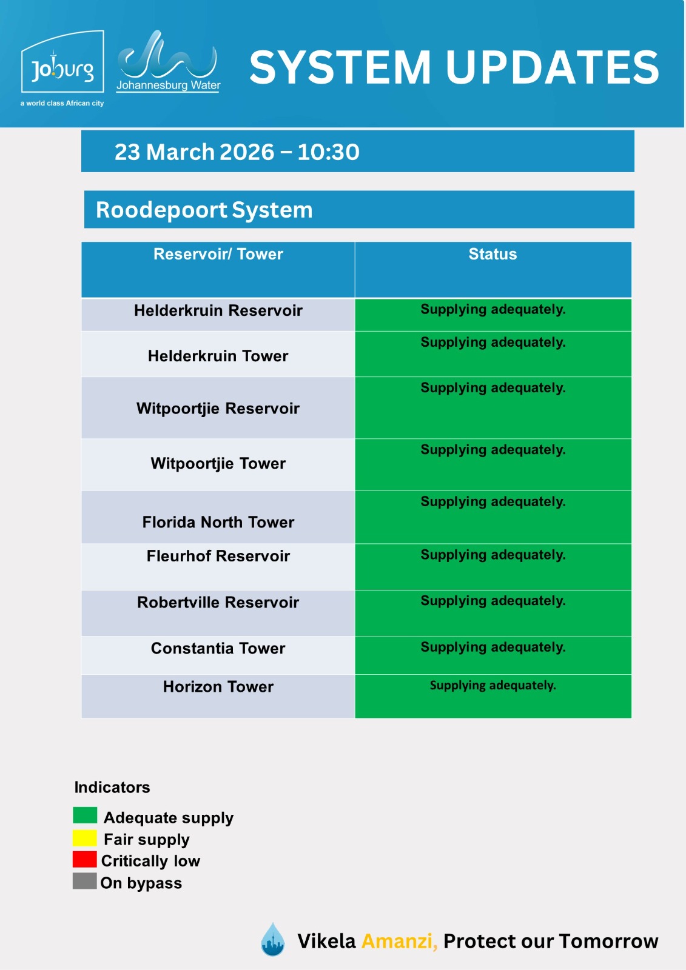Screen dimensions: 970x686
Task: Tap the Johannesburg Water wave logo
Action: tap(167, 61)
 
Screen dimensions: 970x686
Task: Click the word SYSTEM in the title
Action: tap(340, 67)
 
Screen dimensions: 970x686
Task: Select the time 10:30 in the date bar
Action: tap(328, 152)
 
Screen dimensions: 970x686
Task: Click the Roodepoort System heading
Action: tap(204, 210)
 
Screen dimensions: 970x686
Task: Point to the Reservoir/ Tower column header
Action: tap(218, 254)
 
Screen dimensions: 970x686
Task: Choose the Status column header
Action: tap(493, 254)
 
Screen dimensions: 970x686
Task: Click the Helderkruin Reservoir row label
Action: tap(218, 310)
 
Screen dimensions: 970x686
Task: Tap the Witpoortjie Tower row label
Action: tap(218, 464)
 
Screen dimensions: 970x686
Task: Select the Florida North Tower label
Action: tap(218, 522)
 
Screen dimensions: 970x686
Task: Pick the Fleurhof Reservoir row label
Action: tap(218, 556)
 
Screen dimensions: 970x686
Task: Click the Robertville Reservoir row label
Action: tap(218, 603)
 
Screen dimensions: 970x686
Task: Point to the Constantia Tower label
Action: tap(218, 649)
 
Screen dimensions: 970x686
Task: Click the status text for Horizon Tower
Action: tap(493, 686)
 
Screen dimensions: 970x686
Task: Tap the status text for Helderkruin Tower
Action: tap(493, 343)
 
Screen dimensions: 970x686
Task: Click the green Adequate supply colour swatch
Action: tap(85, 815)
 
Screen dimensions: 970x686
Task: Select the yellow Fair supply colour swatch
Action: tap(85, 838)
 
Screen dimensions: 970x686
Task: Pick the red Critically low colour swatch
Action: tap(85, 859)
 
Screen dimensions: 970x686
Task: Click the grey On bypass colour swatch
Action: tap(85, 881)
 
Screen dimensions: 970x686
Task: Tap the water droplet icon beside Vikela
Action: tap(273, 940)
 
